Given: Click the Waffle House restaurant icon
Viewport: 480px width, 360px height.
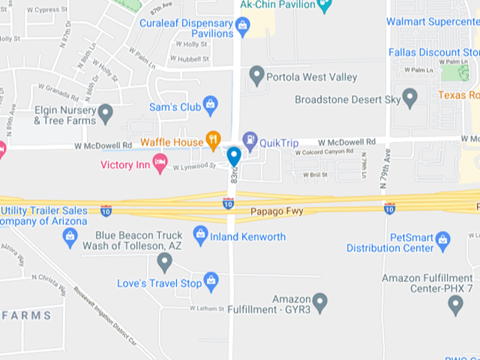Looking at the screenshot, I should click(214, 140).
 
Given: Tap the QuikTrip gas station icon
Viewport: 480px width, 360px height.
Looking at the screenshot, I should click(250, 140).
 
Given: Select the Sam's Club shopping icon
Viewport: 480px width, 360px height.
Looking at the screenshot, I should click(211, 105).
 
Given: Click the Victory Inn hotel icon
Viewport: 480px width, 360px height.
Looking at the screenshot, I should click(160, 162).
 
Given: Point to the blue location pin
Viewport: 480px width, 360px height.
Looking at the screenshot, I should click(234, 155).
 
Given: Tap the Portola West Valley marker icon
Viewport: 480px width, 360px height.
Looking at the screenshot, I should click(258, 75).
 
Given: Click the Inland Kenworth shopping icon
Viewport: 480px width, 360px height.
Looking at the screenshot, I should click(201, 235).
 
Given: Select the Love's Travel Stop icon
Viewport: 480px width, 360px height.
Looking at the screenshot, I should click(211, 282).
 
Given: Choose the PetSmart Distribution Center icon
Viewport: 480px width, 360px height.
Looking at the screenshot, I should click(442, 241).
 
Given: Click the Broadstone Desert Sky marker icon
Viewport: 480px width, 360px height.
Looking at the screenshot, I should click(410, 98).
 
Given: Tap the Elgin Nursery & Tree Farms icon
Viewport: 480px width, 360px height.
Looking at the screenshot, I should click(105, 114).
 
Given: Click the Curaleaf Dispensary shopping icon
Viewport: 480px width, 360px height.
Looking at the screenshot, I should click(243, 28).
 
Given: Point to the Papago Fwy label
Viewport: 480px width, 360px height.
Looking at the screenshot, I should click(277, 211).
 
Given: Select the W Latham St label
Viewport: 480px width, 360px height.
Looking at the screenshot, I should click(206, 309).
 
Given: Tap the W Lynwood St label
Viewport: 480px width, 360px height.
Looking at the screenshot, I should click(193, 166).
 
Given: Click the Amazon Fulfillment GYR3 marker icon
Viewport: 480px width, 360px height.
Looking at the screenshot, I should click(320, 302).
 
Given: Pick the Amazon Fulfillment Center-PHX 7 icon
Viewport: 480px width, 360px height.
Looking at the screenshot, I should click(455, 305).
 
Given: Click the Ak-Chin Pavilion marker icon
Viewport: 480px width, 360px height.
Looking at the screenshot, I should click(325, 6).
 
